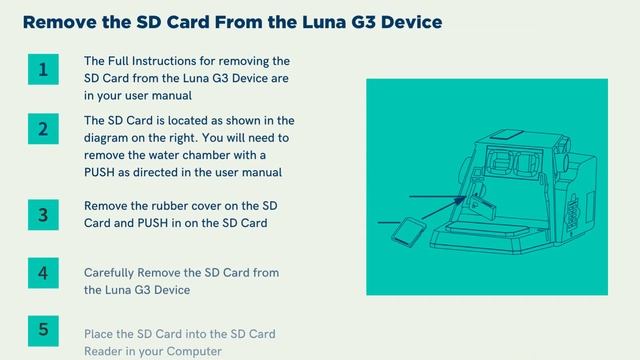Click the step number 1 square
[x=43, y=70]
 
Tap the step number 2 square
[x=43, y=129]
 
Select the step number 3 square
[x=43, y=214]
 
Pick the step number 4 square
[x=43, y=272]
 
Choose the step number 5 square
[x=43, y=329]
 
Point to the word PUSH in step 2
[x=104, y=172]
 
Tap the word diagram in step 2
[x=110, y=138]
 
